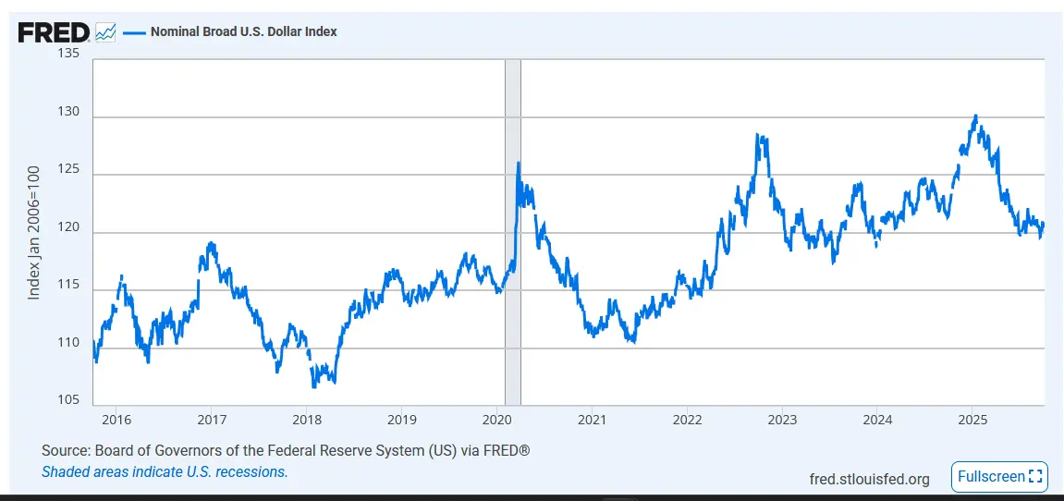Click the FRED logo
(54, 32)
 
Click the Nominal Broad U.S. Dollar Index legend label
(243, 31)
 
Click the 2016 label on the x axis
(116, 420)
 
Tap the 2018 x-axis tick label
(307, 420)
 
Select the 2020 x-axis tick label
(497, 420)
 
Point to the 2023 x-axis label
(782, 420)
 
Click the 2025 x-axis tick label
(972, 420)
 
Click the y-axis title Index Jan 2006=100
(34, 232)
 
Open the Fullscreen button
(999, 477)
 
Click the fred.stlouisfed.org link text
(869, 479)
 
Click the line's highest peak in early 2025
(975, 116)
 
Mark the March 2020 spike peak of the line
(518, 164)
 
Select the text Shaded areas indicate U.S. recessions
(165, 471)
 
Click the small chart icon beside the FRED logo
(105, 32)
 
